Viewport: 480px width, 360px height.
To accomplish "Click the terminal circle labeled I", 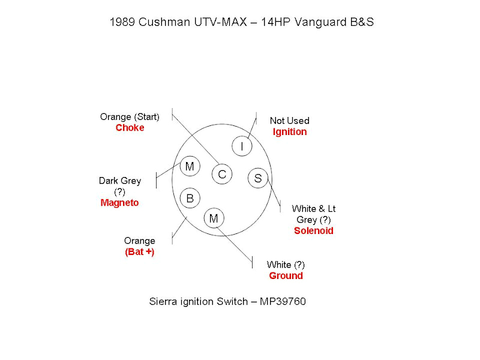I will [x=242, y=146].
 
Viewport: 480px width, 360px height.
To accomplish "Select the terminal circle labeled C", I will [x=222, y=174].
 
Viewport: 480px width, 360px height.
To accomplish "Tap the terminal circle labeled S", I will [x=257, y=178].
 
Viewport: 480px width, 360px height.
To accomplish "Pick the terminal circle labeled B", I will [x=190, y=198].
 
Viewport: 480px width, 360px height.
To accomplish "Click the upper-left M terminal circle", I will [x=190, y=166].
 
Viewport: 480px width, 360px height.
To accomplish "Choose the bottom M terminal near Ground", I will [x=214, y=218].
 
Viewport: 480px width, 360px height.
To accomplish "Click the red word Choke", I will [x=130, y=128].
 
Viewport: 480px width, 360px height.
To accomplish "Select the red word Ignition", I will [x=289, y=131].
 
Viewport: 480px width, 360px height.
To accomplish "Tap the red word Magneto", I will [x=119, y=203].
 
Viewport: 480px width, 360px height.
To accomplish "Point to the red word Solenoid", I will [x=313, y=230].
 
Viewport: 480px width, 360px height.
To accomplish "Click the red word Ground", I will [x=286, y=276].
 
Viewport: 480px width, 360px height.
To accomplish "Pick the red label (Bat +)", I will [x=139, y=252].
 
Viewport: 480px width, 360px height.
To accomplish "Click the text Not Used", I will [x=289, y=121].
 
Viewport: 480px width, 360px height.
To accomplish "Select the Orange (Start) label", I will [x=130, y=117].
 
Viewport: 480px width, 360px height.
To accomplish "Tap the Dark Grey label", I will [x=119, y=181].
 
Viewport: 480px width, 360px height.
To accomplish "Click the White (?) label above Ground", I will [x=287, y=265].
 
